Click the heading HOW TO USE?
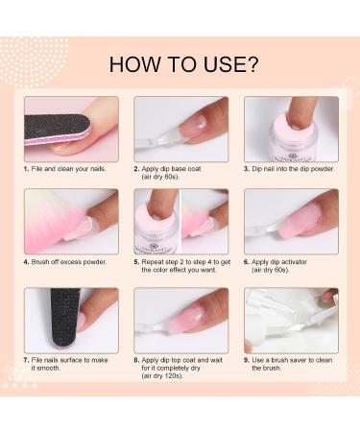click(x=183, y=65)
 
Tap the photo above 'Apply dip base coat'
click(x=180, y=128)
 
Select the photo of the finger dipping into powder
click(x=291, y=128)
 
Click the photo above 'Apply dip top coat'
click(x=180, y=320)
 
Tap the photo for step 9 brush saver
click(x=291, y=320)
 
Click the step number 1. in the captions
click(x=27, y=168)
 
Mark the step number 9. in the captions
click(x=248, y=360)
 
